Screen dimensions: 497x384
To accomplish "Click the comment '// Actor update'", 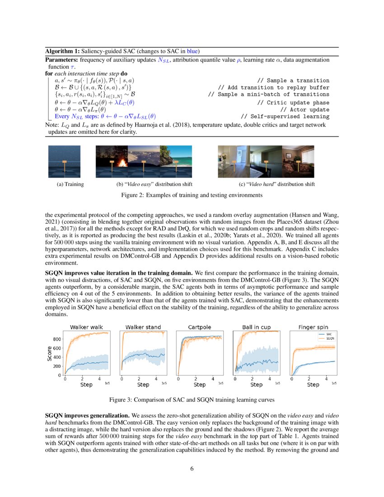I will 304,109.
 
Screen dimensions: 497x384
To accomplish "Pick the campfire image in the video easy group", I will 112,162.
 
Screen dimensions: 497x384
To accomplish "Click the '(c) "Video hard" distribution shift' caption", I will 276,184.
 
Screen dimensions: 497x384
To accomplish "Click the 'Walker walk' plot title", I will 86,327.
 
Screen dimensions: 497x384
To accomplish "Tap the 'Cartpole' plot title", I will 199,327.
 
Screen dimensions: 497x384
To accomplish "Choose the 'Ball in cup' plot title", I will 256,327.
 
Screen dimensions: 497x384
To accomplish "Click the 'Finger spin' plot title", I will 313,327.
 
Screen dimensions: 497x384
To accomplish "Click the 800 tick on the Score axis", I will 56,339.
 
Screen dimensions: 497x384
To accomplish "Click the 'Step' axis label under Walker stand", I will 143,385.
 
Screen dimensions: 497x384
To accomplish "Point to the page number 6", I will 192,468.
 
